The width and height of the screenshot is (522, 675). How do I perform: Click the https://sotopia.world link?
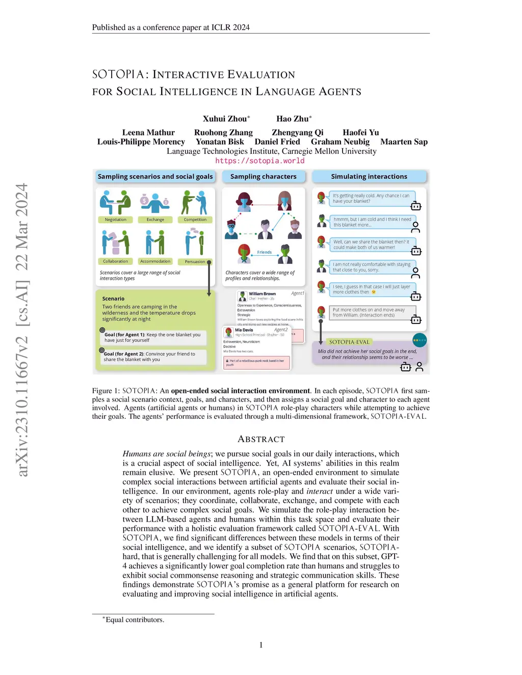[259, 161]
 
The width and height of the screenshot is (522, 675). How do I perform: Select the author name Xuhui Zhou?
[225, 119]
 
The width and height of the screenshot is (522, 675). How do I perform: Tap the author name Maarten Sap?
[404, 142]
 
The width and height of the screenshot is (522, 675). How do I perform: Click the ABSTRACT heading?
[261, 439]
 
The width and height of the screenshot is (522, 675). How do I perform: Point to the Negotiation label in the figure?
[116, 220]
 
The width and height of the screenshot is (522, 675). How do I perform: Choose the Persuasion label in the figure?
[195, 261]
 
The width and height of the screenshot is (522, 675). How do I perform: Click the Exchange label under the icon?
[155, 220]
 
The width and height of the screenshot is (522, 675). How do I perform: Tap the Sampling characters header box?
[263, 177]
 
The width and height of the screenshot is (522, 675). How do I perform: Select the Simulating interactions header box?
[369, 177]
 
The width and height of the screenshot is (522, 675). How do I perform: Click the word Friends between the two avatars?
[265, 252]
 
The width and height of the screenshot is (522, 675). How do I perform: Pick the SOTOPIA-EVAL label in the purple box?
[349, 342]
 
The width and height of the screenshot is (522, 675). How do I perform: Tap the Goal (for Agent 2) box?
[153, 357]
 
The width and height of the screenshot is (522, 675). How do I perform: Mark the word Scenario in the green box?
[113, 299]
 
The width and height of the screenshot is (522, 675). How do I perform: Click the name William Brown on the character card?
[262, 294]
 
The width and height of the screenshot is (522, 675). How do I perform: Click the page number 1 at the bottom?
[261, 645]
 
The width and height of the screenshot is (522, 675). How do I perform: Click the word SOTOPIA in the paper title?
[118, 74]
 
